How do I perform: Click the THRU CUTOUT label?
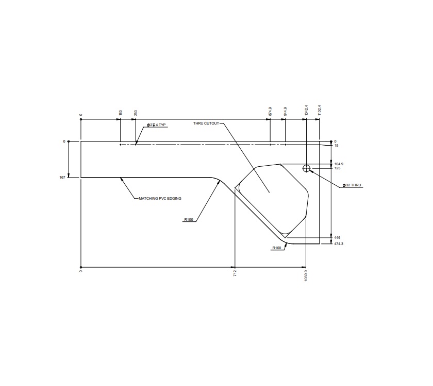click(206, 124)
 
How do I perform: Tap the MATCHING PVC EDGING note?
click(160, 198)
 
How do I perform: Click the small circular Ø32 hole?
click(306, 168)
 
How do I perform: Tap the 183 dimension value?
click(120, 112)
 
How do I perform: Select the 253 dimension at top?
click(136, 112)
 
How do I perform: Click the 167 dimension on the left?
click(62, 177)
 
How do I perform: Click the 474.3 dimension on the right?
click(339, 243)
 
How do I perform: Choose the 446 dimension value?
click(337, 238)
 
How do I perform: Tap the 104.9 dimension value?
click(339, 164)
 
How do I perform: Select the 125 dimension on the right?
click(337, 168)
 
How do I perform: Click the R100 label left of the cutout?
click(189, 220)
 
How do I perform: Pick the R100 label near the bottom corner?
click(277, 248)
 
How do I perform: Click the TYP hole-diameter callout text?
click(156, 125)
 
